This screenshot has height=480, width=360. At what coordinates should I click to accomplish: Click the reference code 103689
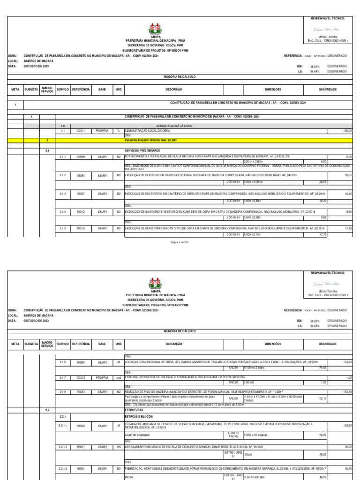(80, 157)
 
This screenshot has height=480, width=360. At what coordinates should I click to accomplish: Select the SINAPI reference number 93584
(80, 175)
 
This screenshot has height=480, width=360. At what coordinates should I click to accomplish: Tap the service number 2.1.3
(63, 194)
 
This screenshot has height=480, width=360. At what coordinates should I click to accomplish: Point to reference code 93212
(80, 212)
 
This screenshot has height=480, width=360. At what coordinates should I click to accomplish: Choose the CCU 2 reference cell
(80, 377)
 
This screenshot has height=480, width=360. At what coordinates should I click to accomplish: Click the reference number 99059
(80, 362)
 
